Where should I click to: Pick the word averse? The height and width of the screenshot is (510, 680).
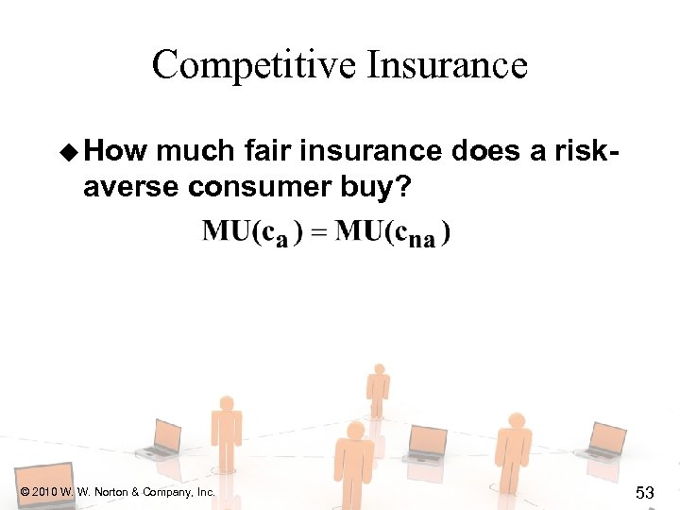[x=131, y=186]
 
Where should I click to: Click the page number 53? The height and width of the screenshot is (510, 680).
[x=645, y=493]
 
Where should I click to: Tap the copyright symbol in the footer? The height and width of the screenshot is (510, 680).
[x=24, y=492]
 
